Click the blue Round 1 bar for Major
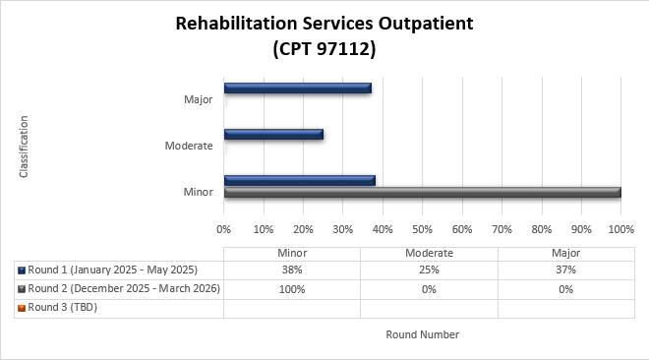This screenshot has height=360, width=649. pos(297,89)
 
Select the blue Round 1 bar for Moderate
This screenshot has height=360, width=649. pos(273,135)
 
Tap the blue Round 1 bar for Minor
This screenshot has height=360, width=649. pos(299,180)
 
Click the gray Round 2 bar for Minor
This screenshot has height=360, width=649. pos(422,192)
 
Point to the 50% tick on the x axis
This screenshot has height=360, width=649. pos(422,229)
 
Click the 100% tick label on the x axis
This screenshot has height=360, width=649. pos(620,229)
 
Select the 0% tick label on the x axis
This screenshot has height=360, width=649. pos(224,229)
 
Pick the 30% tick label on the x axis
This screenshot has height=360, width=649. pos(342,229)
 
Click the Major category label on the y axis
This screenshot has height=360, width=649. pos(198,99)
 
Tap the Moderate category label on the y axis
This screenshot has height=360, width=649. pos(189,146)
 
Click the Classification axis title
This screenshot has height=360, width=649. pos(24,147)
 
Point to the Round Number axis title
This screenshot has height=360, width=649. pos(422,334)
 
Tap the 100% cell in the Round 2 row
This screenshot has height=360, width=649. pos(292,289)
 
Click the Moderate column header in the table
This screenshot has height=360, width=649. pos(429,253)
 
